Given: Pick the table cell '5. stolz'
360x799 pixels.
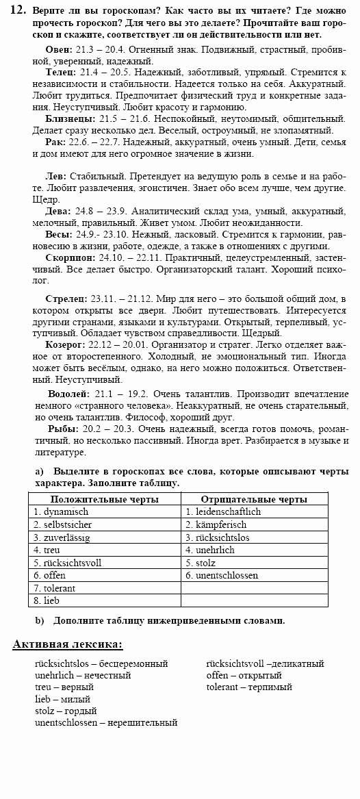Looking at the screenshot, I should pos(204,563).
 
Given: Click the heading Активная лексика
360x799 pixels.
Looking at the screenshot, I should pos(68,644).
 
